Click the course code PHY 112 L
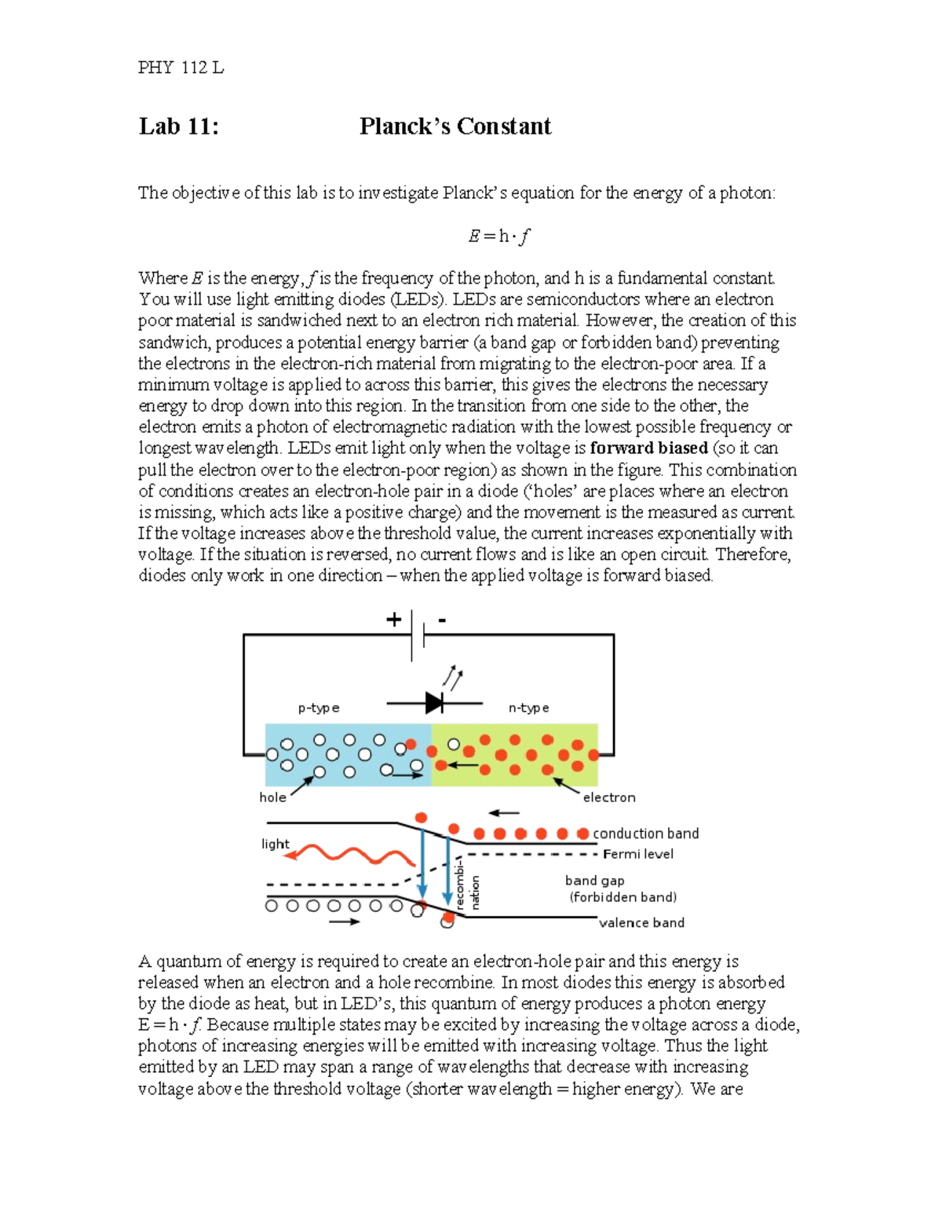(181, 68)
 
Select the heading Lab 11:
(179, 126)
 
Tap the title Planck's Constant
(455, 126)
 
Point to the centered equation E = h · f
(498, 236)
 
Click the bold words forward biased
(648, 448)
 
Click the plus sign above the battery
(393, 620)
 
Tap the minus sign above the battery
(442, 620)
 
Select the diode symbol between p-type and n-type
(434, 703)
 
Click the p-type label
(319, 708)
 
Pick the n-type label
(528, 708)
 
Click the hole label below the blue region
(272, 797)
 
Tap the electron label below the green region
(609, 797)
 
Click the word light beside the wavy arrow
(275, 844)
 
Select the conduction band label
(645, 833)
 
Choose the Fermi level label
(637, 854)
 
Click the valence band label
(641, 922)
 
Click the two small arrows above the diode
(452, 677)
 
